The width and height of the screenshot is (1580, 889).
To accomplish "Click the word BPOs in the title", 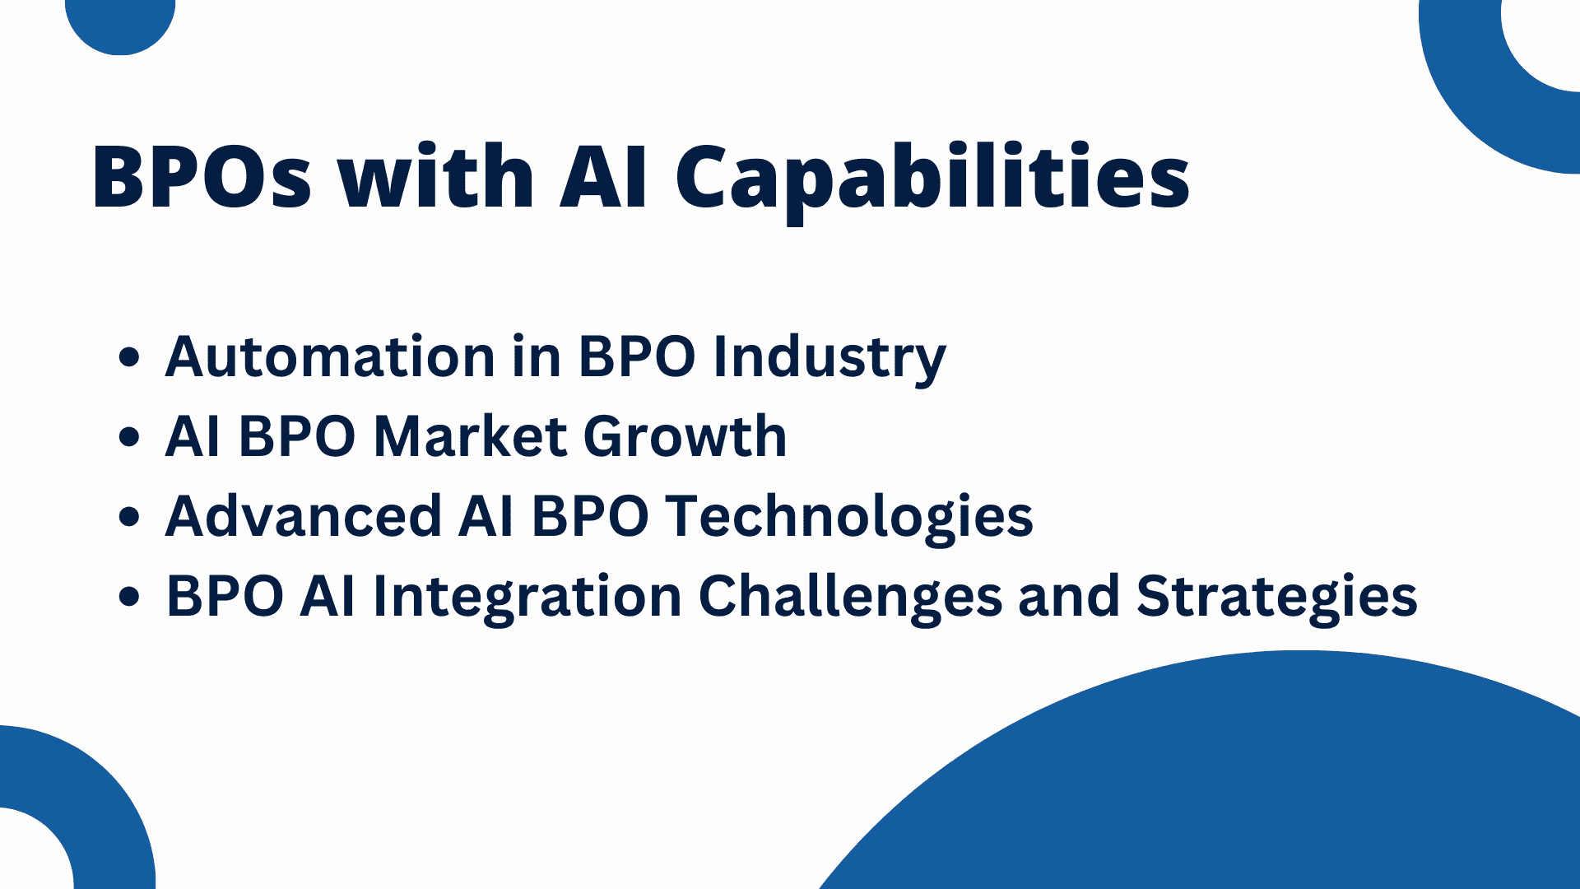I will pos(202,177).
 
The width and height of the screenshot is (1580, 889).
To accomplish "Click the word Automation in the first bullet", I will pos(330,357).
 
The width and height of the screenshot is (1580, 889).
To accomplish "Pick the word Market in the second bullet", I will pos(469,435).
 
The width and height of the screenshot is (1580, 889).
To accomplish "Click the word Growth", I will pos(685,435).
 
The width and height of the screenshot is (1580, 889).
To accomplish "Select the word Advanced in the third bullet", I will pos(304,516).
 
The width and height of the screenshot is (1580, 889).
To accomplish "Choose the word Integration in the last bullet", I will pos(527,596).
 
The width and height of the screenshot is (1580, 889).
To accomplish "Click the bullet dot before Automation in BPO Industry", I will pos(129,358).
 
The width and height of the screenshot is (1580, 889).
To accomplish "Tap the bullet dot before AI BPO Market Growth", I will pos(129,437).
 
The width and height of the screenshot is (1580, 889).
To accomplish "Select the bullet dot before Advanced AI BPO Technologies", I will pos(129,517).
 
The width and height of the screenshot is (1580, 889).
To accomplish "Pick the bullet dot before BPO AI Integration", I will pos(129,596).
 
